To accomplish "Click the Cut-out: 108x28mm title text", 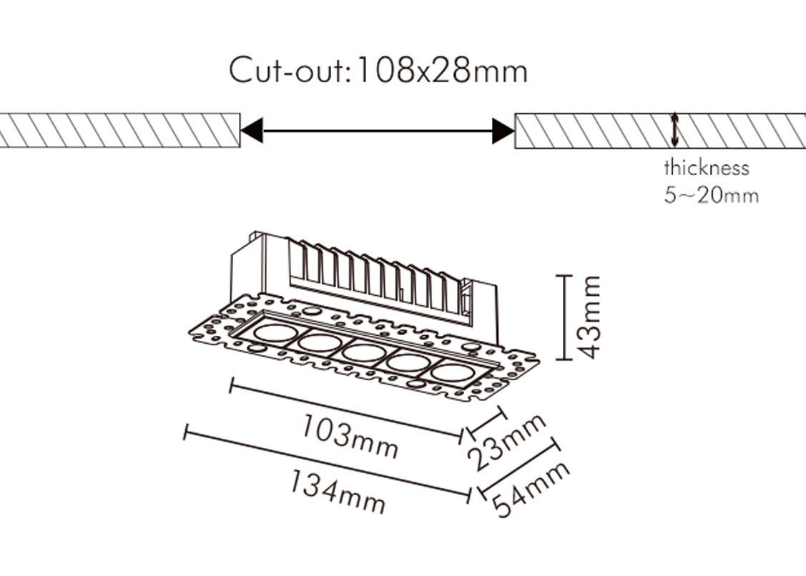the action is (x=378, y=70).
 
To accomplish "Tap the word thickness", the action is (x=707, y=168).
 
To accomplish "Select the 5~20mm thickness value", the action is (x=711, y=195).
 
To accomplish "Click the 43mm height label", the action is (x=589, y=317).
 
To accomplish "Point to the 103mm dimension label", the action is (x=350, y=436).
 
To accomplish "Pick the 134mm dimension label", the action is (x=338, y=491).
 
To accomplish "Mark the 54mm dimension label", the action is (x=531, y=489).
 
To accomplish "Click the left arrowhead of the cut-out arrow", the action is (x=252, y=131).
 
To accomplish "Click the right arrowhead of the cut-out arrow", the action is (x=503, y=131).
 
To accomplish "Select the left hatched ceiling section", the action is (x=119, y=131).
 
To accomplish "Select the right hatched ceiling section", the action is (x=660, y=131).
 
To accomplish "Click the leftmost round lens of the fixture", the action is (x=272, y=332).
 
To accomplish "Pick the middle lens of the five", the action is (x=365, y=353).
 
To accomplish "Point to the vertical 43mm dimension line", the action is (x=564, y=317).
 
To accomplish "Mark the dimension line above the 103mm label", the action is (x=347, y=409).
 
